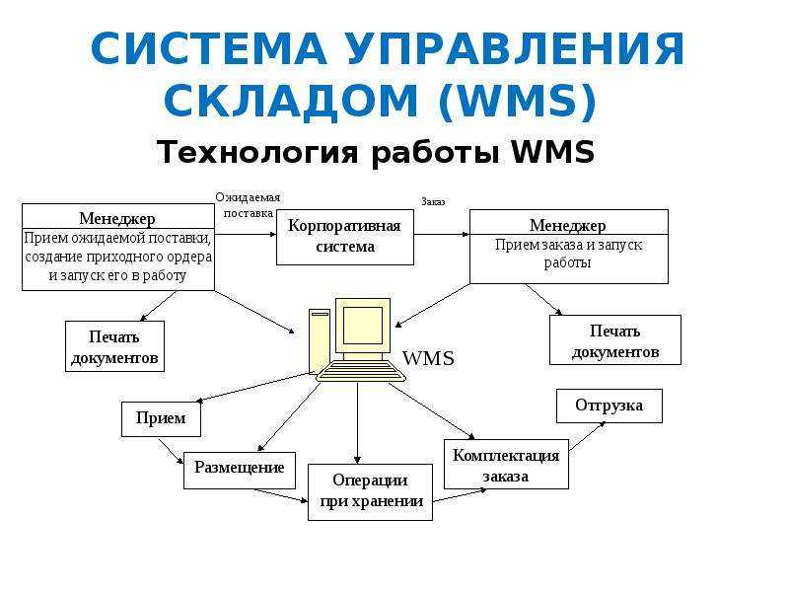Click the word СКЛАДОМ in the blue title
(x=290, y=101)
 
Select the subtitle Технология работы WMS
(x=376, y=152)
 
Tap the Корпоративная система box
(x=345, y=237)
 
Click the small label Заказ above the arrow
(x=433, y=202)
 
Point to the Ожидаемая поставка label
(x=248, y=205)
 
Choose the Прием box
(x=161, y=418)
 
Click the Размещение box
(x=240, y=471)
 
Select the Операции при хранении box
(x=371, y=491)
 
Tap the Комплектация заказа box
(x=506, y=464)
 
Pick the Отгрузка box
(x=610, y=406)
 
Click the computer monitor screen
(x=362, y=326)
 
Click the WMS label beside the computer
(x=428, y=358)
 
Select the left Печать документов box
(x=114, y=346)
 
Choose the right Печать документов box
(x=615, y=339)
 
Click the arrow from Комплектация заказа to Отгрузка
(x=587, y=436)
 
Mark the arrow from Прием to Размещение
(x=171, y=452)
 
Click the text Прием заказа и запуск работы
(x=569, y=254)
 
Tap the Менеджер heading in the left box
(x=117, y=218)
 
